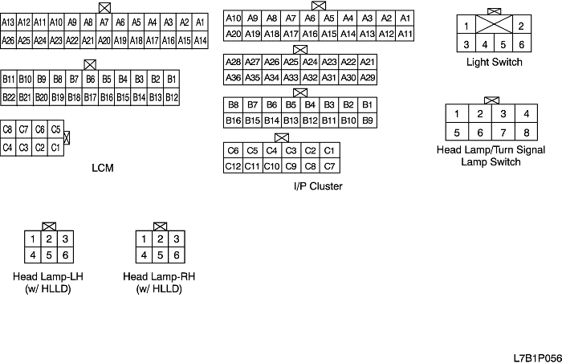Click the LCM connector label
[103, 168]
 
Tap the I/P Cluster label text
[318, 186]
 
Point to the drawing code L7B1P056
[537, 354]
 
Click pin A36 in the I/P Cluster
[233, 78]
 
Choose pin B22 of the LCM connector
[9, 97]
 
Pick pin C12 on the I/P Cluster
[233, 166]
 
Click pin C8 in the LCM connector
[8, 129]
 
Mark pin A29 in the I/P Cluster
[368, 78]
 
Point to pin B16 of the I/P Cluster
[233, 120]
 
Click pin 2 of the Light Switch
[521, 27]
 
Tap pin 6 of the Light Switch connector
[521, 44]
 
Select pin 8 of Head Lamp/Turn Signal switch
[527, 133]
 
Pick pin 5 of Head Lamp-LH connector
[49, 255]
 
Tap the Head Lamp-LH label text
[49, 277]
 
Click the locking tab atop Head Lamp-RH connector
[160, 226]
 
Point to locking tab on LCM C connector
[67, 138]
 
